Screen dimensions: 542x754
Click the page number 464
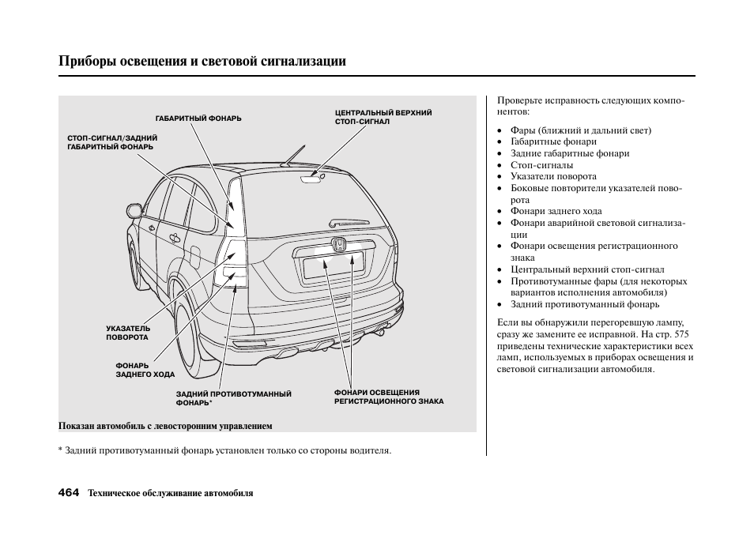(x=69, y=492)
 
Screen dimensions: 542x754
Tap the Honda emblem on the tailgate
(x=339, y=245)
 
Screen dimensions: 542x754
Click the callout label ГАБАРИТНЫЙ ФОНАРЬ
(x=198, y=119)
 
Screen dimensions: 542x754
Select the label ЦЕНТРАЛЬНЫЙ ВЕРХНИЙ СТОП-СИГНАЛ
(x=383, y=118)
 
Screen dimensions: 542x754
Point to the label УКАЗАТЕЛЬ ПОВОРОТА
(x=128, y=333)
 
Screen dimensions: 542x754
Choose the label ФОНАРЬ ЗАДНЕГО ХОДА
(x=145, y=370)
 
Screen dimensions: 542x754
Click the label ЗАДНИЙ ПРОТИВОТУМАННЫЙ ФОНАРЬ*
(x=233, y=397)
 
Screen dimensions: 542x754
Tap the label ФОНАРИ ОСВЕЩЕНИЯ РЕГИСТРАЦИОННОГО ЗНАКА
(x=388, y=397)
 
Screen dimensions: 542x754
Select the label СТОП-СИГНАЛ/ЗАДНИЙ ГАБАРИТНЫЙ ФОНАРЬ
(x=111, y=142)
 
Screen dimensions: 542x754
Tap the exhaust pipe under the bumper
(x=381, y=331)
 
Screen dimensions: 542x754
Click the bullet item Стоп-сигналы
(x=541, y=165)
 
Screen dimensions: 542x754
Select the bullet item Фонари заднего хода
(x=556, y=211)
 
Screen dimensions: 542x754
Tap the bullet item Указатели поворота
(x=553, y=176)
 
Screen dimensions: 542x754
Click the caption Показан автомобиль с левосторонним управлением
(x=165, y=426)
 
